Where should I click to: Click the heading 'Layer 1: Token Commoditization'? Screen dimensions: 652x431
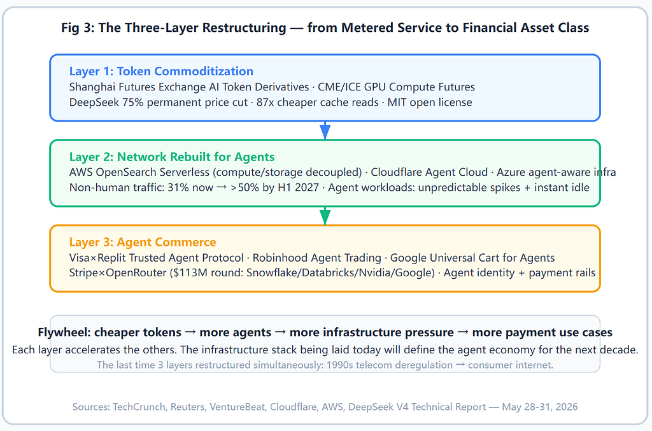click(161, 71)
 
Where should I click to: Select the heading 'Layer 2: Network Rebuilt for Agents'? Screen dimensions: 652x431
click(172, 157)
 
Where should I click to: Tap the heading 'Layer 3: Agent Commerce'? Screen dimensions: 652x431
click(143, 242)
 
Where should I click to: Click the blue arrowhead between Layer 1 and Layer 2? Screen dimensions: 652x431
click(325, 131)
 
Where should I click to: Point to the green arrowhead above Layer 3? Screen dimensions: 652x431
click(325, 216)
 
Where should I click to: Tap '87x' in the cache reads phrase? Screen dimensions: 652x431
click(266, 102)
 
